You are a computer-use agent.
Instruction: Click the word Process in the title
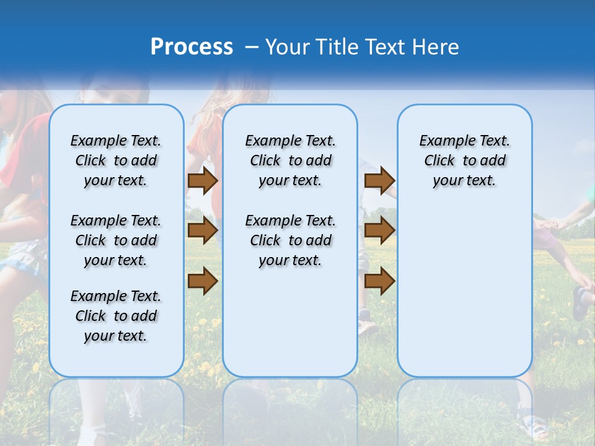click(192, 46)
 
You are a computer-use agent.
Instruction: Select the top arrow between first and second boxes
click(202, 181)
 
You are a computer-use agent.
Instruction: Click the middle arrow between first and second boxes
click(202, 231)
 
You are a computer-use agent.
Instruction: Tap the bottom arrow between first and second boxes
click(202, 281)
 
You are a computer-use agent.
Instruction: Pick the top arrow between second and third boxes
click(379, 181)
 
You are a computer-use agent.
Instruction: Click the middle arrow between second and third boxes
click(379, 231)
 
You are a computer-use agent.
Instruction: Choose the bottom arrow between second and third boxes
click(379, 281)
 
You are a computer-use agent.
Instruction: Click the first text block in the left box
click(116, 160)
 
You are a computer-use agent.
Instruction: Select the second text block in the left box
click(116, 240)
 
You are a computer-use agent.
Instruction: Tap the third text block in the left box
click(116, 316)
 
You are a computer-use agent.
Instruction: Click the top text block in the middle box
click(290, 160)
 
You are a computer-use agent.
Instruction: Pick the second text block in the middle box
click(290, 240)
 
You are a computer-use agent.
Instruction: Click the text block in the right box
click(464, 160)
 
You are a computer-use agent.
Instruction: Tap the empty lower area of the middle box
click(290, 322)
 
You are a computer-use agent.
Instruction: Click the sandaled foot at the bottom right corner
click(533, 426)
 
